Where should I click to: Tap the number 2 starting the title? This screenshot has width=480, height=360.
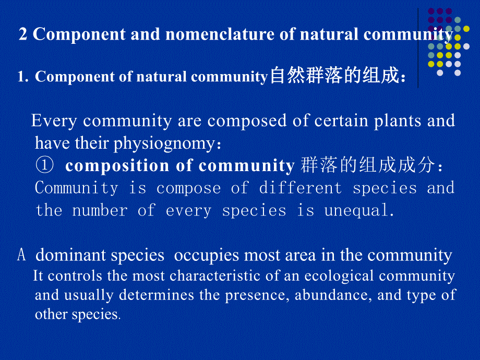point(23,34)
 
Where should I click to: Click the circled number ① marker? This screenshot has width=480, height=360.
point(45,165)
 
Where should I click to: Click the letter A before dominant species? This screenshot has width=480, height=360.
point(21,256)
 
